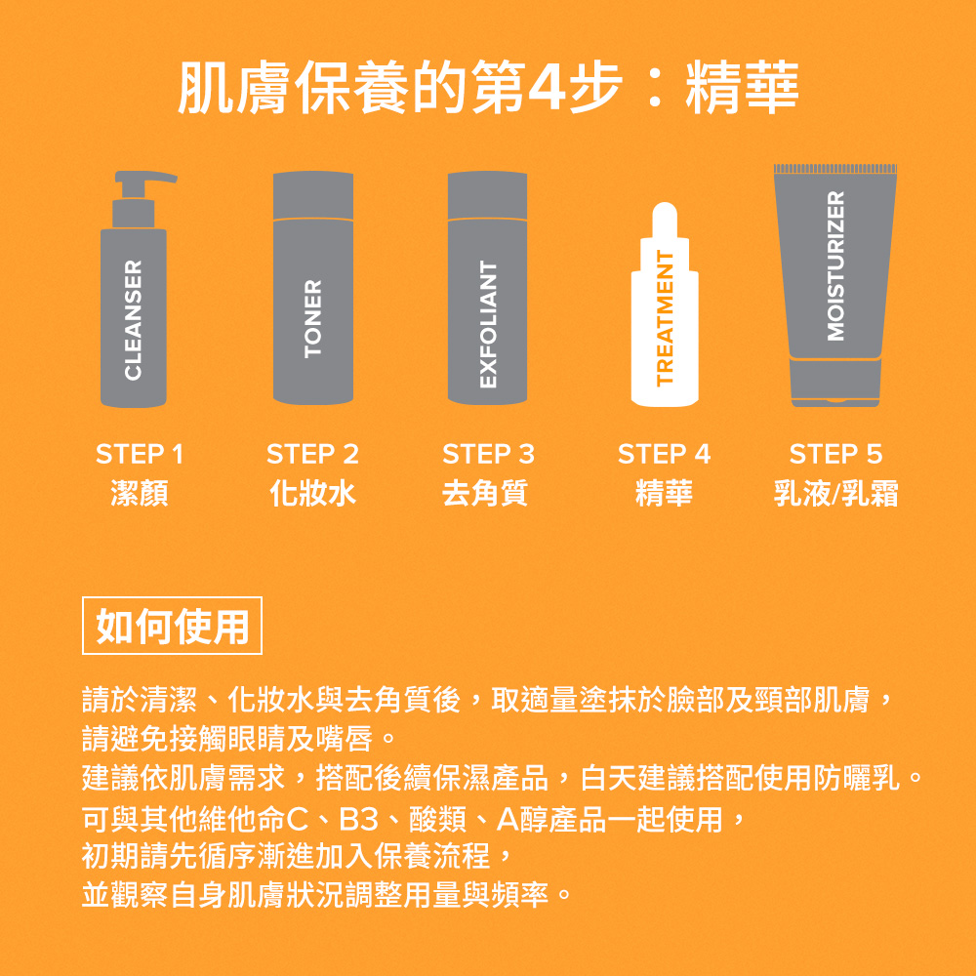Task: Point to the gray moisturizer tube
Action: (834, 264)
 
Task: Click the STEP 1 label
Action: (140, 454)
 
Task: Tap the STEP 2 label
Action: (312, 454)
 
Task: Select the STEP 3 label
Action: (488, 454)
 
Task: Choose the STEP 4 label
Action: (664, 454)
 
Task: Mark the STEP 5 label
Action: (835, 454)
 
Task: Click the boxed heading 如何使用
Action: (173, 626)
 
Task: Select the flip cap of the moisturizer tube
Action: (834, 382)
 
